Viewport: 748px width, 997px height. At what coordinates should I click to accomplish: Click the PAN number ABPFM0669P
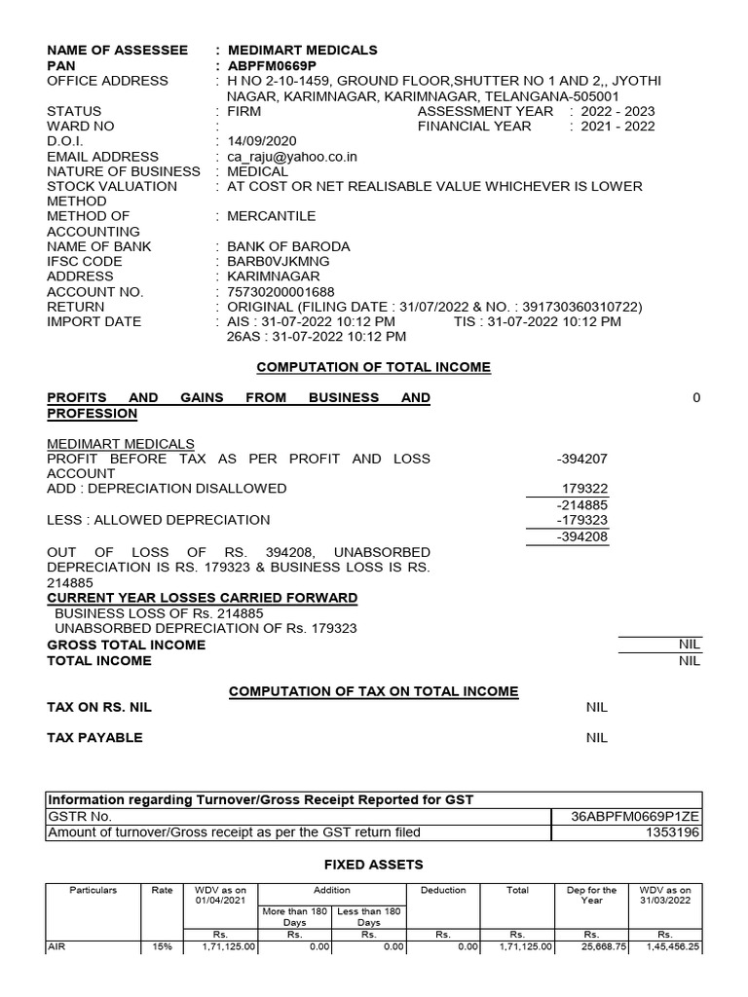point(272,65)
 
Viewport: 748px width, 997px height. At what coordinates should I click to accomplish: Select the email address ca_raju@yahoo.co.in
point(292,157)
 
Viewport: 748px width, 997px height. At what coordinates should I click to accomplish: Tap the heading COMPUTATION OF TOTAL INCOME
point(373,367)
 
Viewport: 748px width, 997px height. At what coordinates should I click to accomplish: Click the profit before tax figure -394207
point(581,459)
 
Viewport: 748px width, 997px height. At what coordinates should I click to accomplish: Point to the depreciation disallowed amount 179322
point(584,488)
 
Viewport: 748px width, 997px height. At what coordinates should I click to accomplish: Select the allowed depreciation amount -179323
point(581,520)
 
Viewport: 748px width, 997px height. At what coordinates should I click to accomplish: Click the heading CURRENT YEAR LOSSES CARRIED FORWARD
point(203,597)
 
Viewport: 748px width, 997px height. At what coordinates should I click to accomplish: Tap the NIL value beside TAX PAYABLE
point(596,737)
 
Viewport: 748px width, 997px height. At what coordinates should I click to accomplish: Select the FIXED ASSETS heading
point(373,864)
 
